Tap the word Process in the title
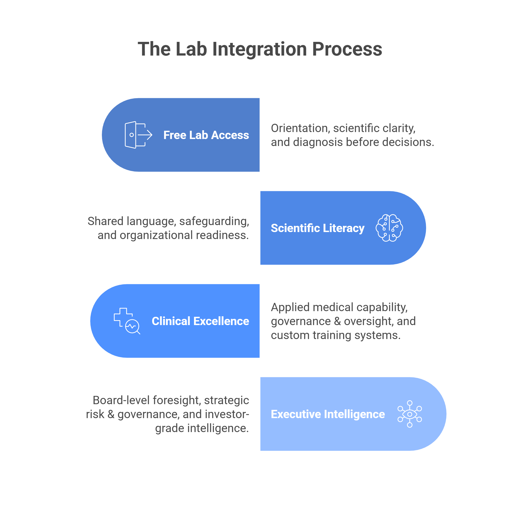(x=347, y=50)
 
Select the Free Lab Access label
(x=206, y=135)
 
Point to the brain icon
(x=389, y=228)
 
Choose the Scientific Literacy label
(x=318, y=228)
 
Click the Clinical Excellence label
(x=200, y=321)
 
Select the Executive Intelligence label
(x=328, y=414)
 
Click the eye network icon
(x=410, y=414)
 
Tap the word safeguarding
(x=214, y=221)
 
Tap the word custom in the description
(x=290, y=335)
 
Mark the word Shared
(x=105, y=221)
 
